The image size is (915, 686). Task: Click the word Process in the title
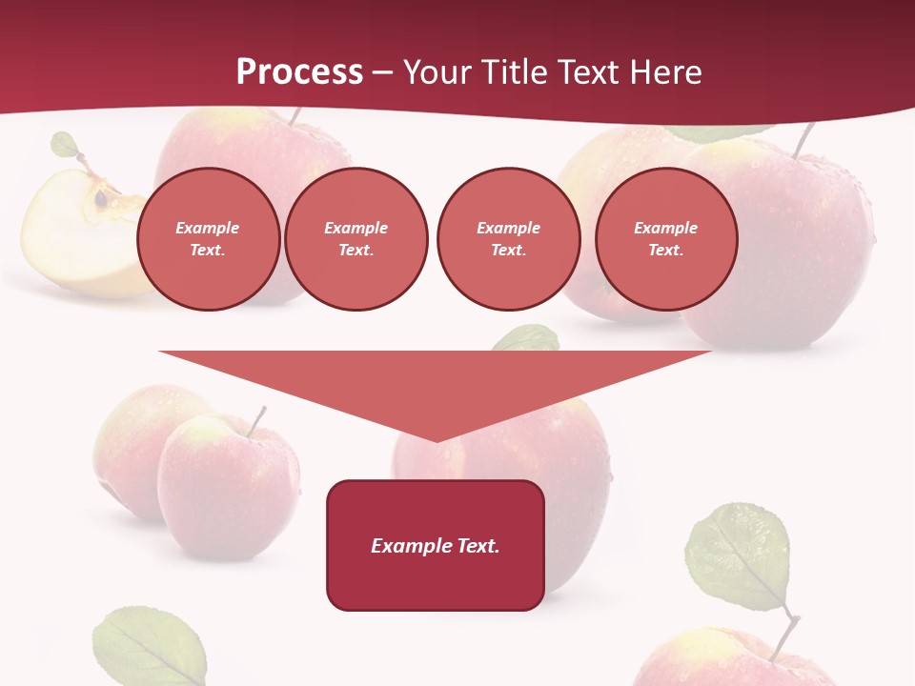pos(299,72)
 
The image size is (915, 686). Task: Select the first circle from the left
pos(209,239)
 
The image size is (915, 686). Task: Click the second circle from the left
pos(356,239)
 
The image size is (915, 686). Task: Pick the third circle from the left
pos(509,239)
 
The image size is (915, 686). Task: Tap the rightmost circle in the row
pos(666,239)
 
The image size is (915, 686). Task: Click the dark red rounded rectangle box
pos(436,545)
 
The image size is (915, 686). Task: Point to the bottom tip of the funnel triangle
pos(437,440)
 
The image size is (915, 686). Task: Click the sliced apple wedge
pos(76,233)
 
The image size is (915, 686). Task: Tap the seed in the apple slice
pos(100,199)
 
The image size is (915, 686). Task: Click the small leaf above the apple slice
pos(65,145)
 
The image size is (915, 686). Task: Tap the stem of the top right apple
pos(804,141)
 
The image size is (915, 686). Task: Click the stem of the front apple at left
pos(256,421)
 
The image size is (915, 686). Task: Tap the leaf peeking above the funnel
pos(527,337)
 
